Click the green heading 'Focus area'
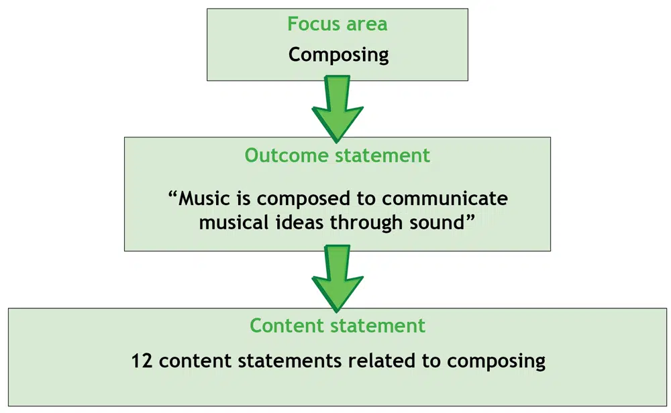tap(337, 24)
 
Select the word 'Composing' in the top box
tap(338, 54)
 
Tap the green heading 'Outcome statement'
tap(337, 155)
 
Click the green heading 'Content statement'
tap(337, 326)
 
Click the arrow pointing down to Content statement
tap(337, 278)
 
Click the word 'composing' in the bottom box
tap(496, 362)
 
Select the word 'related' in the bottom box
tap(384, 361)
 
